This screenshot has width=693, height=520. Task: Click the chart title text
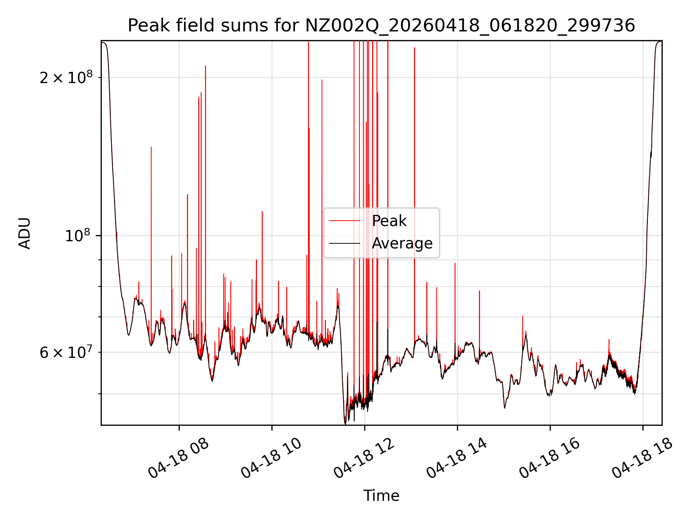381,26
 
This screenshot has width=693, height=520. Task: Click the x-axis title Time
381,495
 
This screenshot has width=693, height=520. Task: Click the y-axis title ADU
25,233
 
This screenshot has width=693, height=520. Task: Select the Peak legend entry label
389,221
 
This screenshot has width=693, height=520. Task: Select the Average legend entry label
402,243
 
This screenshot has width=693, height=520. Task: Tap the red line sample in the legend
345,221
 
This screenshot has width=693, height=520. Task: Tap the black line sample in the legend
345,243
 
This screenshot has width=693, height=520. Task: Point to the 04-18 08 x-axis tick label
178,458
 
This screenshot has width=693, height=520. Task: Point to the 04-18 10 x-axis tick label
271,458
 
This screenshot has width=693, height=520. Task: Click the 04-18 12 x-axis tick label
364,458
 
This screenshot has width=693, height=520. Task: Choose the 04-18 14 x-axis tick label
457,458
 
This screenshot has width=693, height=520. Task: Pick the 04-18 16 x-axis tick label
549,458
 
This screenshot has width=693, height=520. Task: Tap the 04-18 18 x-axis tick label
642,458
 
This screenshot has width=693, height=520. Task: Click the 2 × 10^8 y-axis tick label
66,77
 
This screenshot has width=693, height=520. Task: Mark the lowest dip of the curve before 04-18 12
345,424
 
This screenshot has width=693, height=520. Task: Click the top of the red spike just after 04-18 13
414,48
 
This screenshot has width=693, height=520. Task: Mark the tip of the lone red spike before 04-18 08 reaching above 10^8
151,147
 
